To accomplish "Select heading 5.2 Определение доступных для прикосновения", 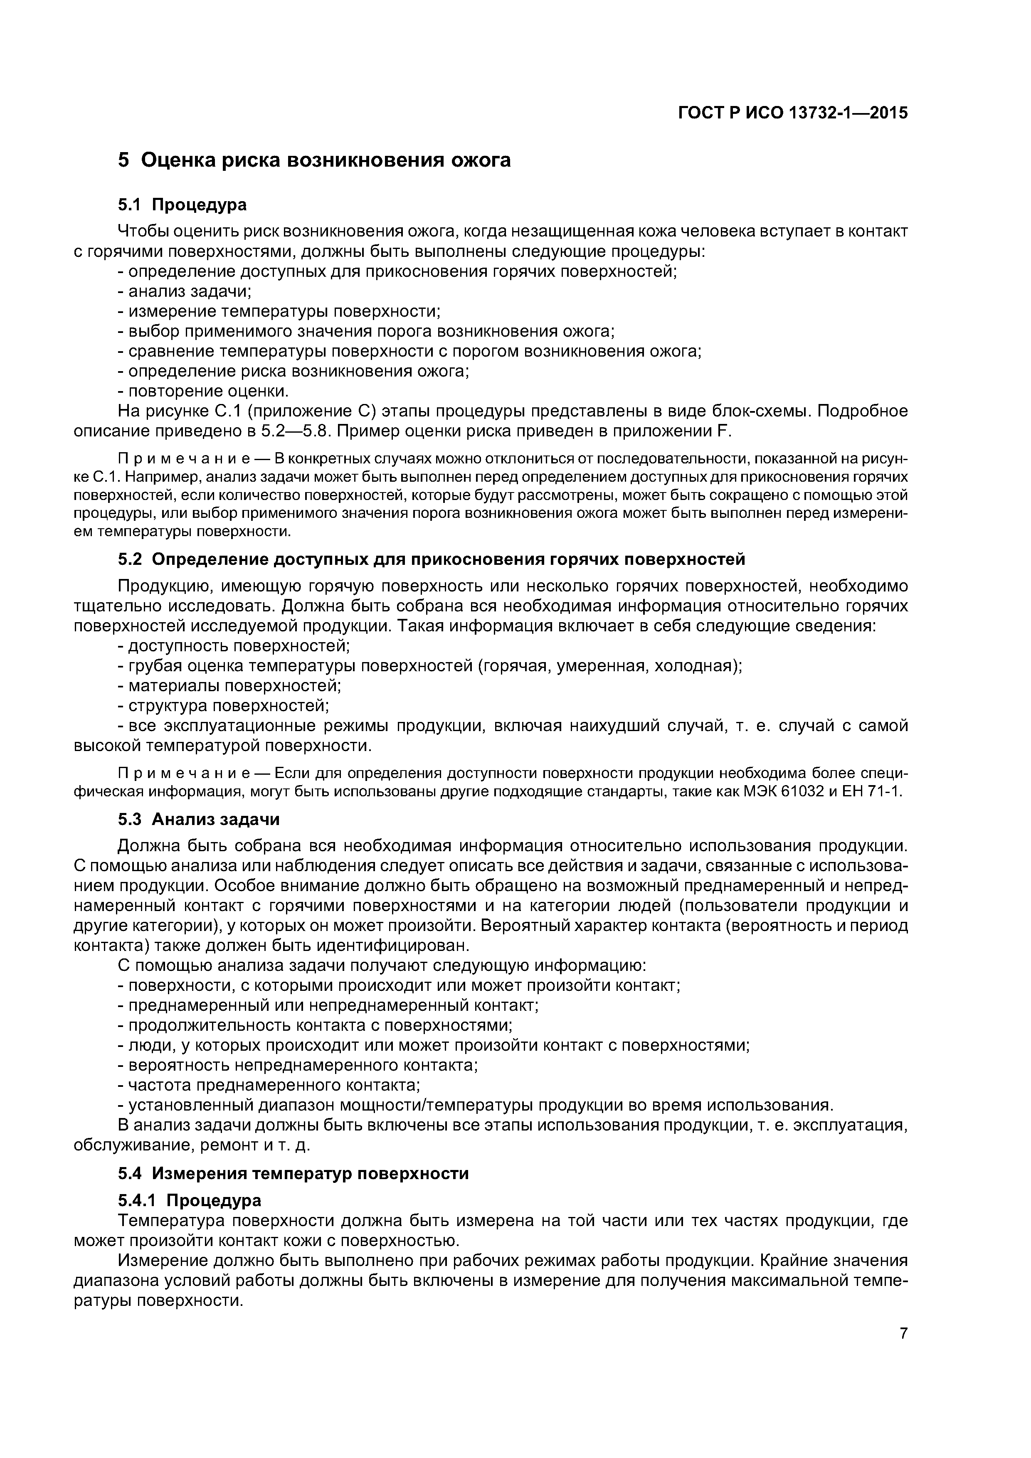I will point(432,559).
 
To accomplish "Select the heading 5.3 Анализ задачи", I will point(199,819).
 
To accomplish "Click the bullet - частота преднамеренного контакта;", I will point(270,1085).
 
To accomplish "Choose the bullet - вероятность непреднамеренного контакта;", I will point(298,1065).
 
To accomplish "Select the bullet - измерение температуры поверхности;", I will point(279,311).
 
